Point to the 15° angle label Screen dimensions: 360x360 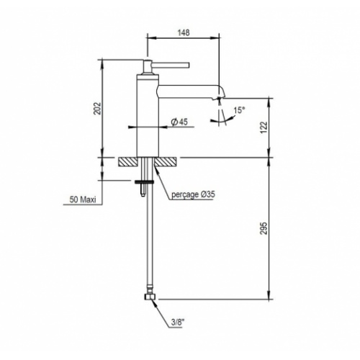239,109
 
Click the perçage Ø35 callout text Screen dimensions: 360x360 195,194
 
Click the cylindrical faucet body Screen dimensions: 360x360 148,115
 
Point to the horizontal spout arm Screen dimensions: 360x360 187,89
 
